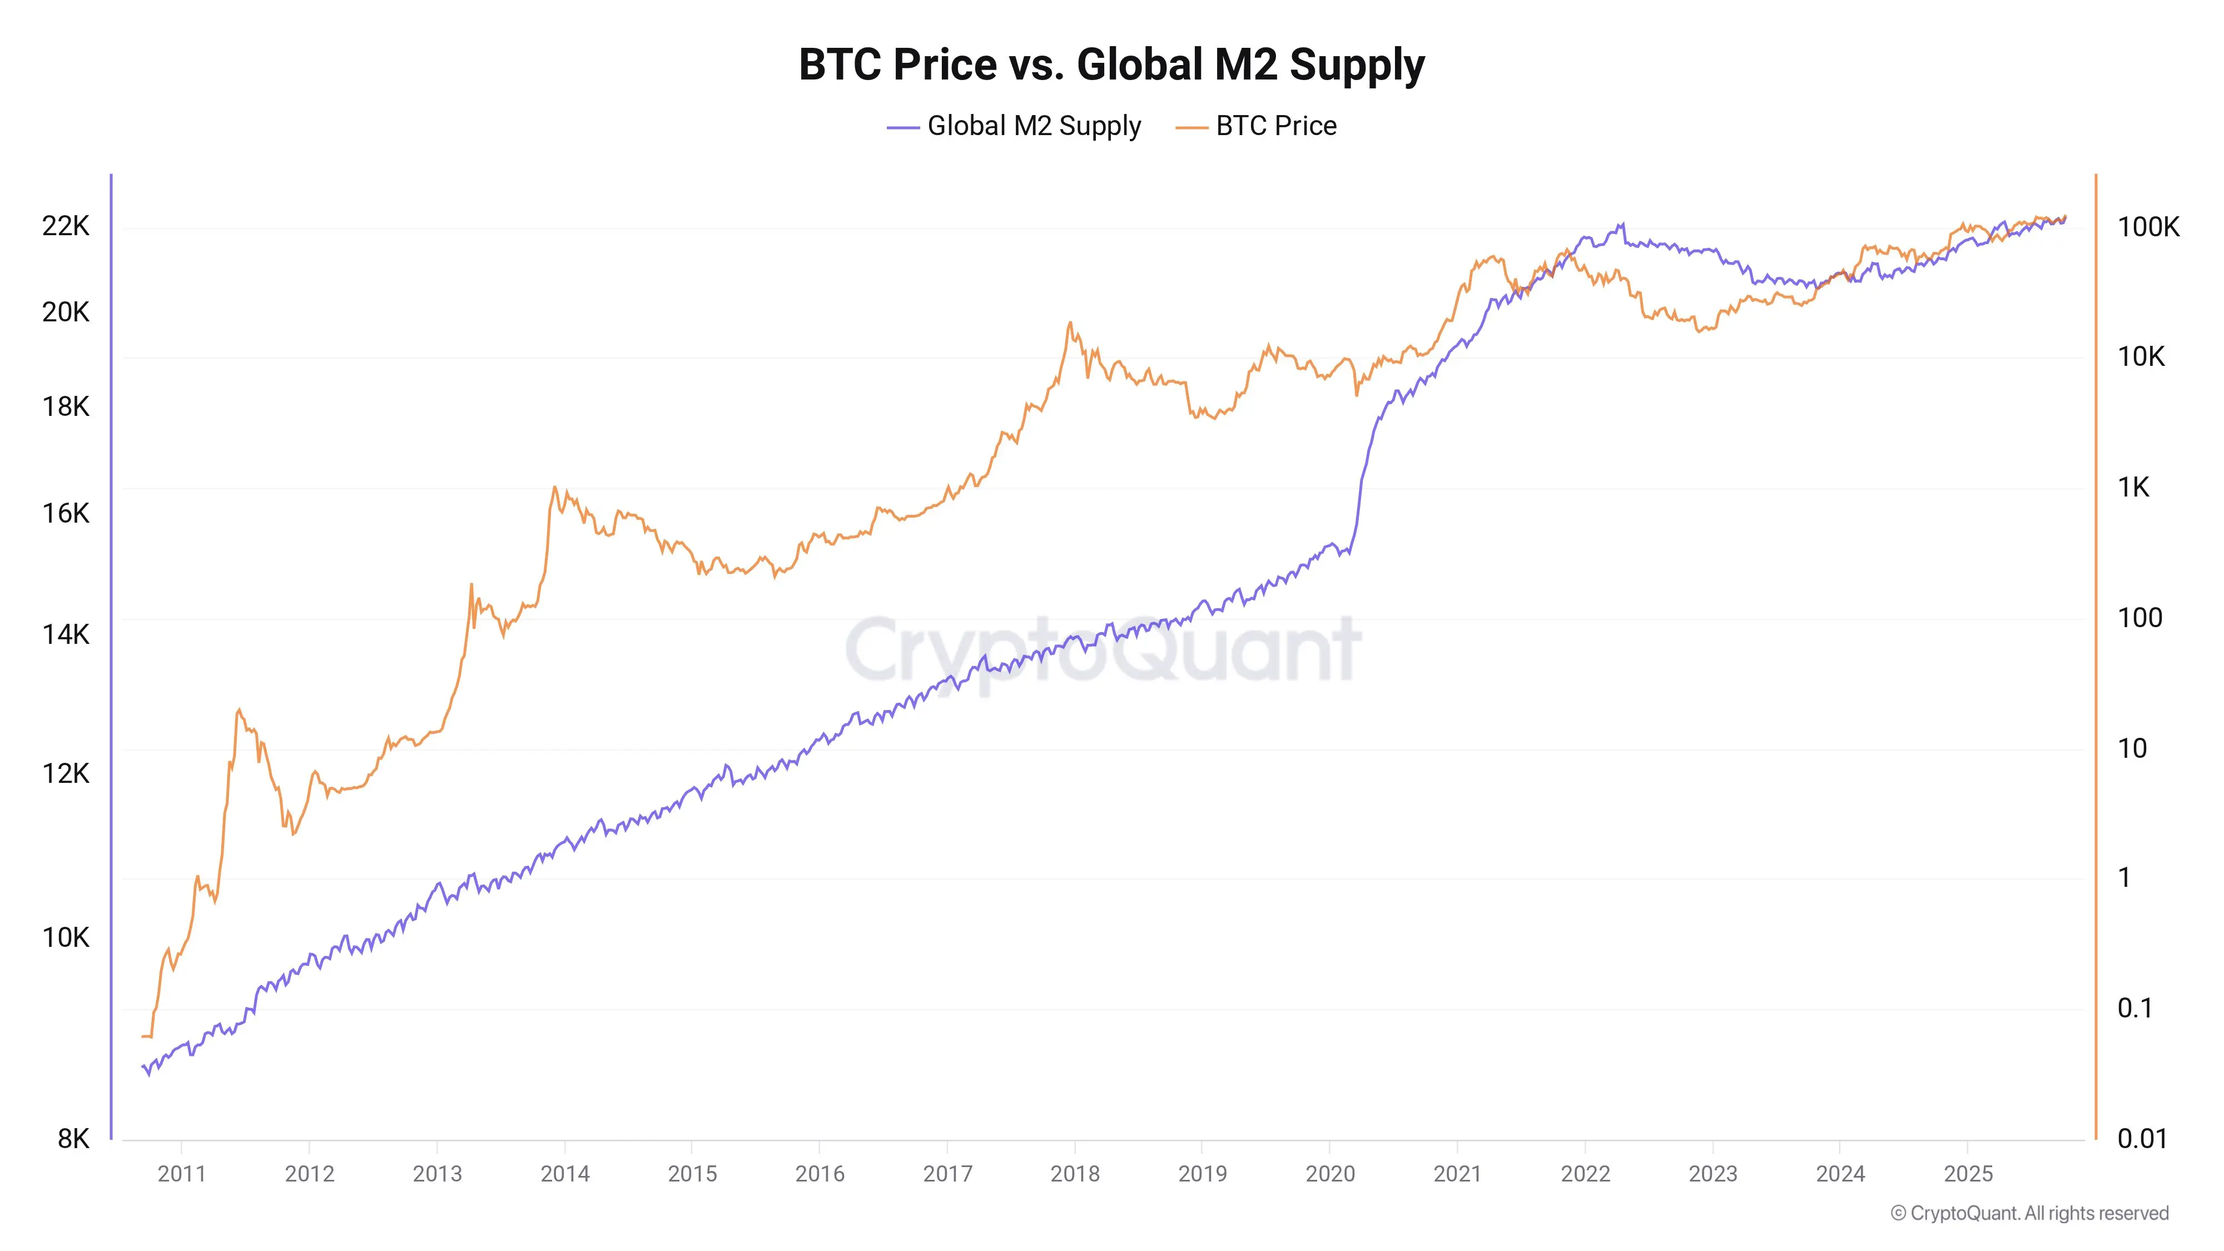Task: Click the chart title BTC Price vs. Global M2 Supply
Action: click(1111, 64)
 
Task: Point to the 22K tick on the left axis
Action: click(66, 226)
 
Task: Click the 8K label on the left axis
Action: click(73, 1139)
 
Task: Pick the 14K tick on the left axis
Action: click(66, 634)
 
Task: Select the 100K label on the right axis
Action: click(2148, 227)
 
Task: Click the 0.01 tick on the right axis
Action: click(2142, 1139)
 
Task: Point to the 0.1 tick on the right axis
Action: click(2134, 1007)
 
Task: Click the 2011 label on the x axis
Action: click(181, 1173)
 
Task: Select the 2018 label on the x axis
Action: click(1075, 1173)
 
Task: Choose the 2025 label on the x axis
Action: click(1968, 1173)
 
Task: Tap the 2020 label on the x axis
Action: click(1329, 1173)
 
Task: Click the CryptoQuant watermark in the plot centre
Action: click(1103, 649)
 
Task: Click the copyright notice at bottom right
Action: click(2029, 1213)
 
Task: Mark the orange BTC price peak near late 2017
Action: click(1070, 324)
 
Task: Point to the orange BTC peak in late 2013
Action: click(554, 488)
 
